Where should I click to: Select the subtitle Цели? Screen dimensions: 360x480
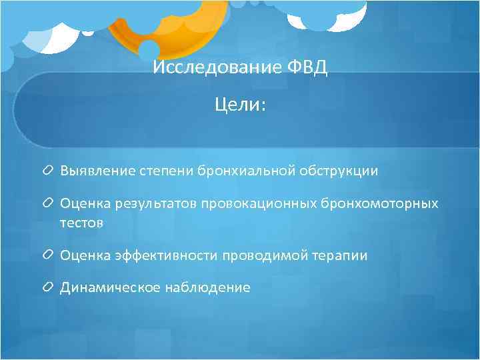239,105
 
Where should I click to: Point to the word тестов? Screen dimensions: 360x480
81,223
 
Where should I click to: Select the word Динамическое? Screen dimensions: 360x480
101,287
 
